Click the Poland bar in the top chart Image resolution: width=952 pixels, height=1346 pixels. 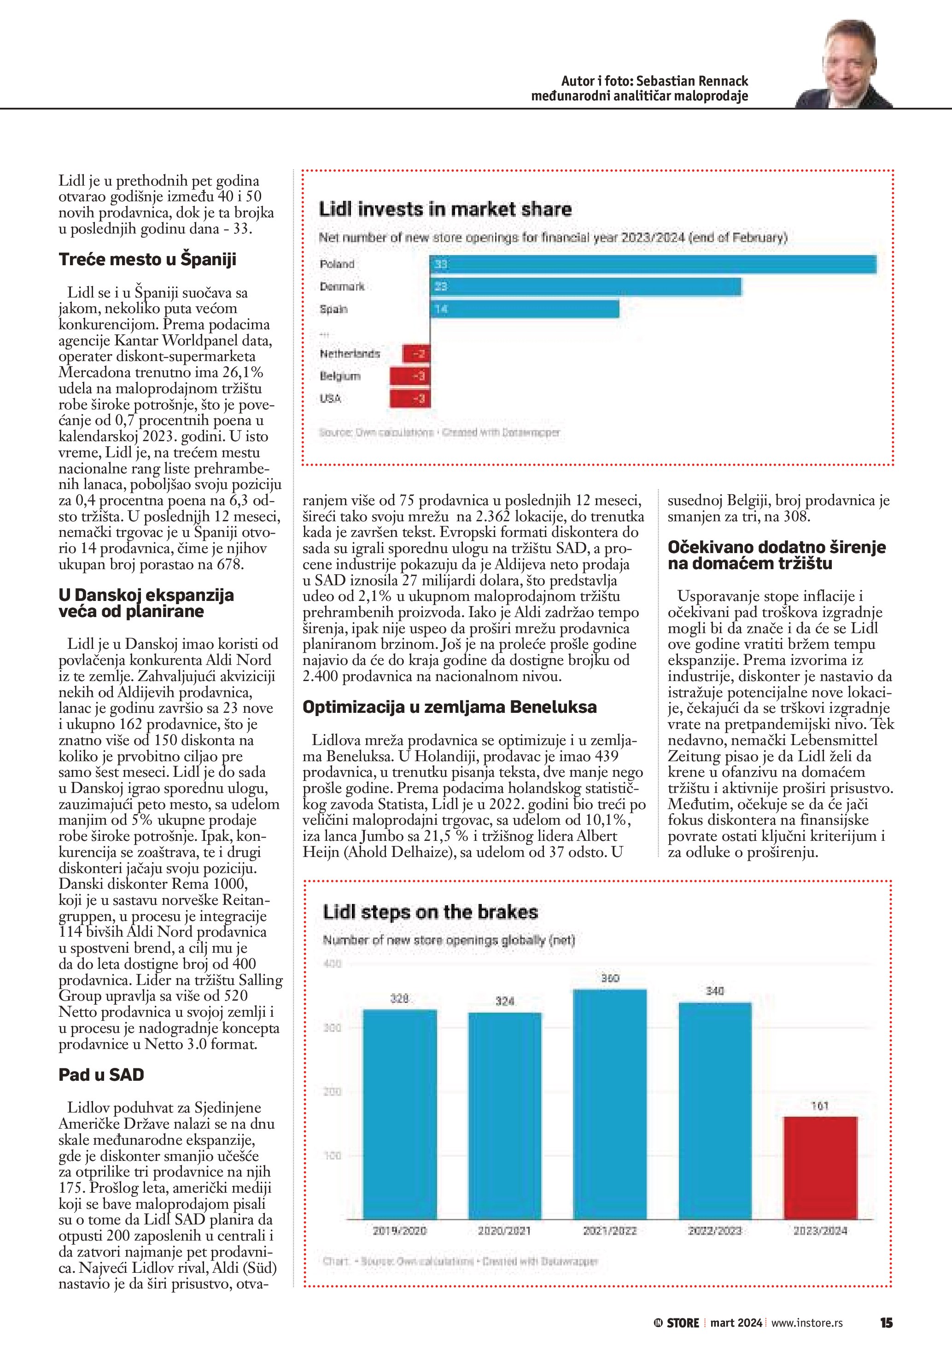pos(653,264)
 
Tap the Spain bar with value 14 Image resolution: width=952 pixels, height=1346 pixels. pos(524,309)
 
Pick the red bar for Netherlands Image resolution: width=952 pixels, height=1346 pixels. pos(416,354)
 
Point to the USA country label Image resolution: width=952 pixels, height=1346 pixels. pos(331,399)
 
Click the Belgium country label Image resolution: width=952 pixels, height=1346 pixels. pos(340,376)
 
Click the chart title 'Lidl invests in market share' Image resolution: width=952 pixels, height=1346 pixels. pos(445,209)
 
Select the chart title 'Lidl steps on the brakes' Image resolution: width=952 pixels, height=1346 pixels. pos(430,912)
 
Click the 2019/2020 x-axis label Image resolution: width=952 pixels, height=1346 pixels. pos(400,1230)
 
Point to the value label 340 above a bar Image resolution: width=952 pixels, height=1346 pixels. pos(715,991)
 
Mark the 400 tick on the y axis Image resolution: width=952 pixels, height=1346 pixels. pos(333,964)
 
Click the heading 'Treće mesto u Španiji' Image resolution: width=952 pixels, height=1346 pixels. pos(147,259)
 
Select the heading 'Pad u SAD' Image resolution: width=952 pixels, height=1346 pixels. pos(101,1075)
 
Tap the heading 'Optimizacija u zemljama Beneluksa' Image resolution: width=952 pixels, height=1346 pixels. pos(449,707)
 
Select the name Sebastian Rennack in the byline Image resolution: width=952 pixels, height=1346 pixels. pos(692,81)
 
